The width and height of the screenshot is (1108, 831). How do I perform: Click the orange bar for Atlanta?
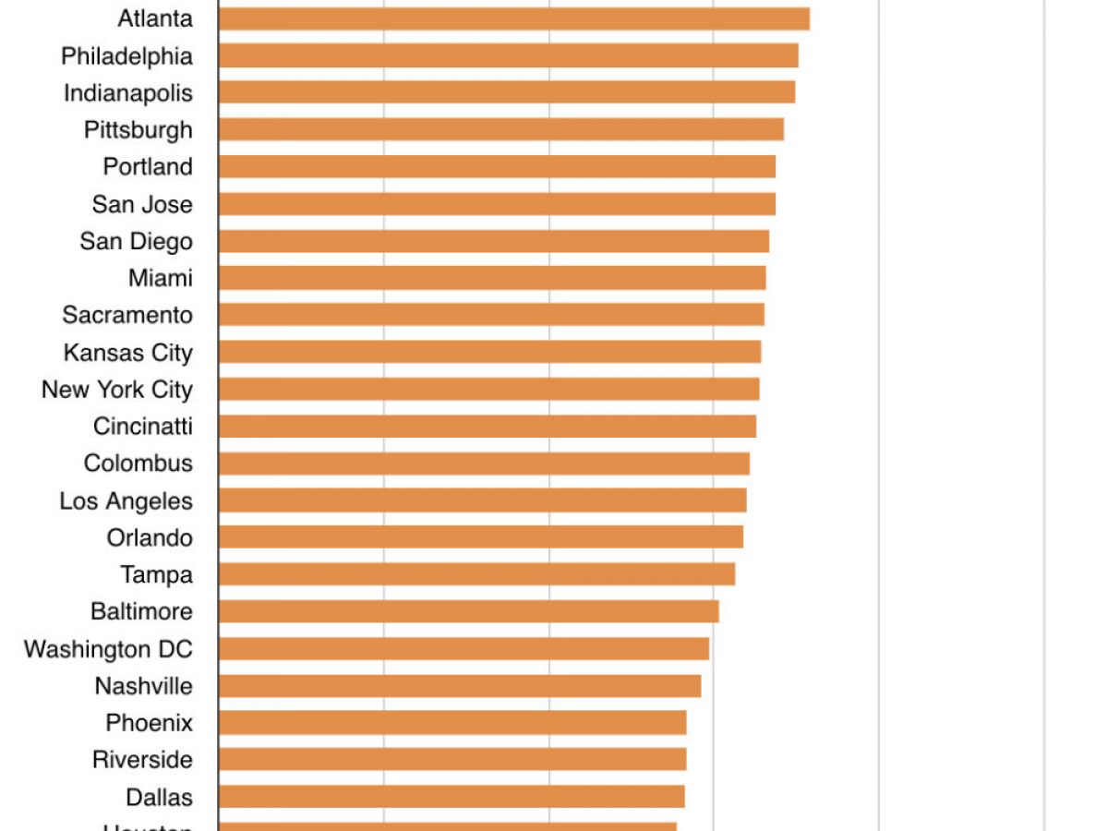click(x=513, y=18)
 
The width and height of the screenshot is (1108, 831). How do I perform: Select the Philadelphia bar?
click(x=508, y=55)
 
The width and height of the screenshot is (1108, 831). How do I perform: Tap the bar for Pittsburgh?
click(x=500, y=129)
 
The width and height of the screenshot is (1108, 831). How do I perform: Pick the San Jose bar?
click(x=497, y=204)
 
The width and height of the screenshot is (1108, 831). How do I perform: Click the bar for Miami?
click(x=492, y=278)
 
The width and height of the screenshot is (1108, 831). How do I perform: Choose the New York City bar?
click(x=488, y=389)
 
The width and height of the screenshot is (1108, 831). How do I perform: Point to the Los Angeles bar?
click(x=482, y=500)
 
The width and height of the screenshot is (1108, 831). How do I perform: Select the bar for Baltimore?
click(x=468, y=611)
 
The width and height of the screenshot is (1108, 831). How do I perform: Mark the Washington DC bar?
click(x=464, y=648)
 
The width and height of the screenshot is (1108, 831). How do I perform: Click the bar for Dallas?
click(x=452, y=796)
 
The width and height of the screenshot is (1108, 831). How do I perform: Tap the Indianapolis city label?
click(x=128, y=93)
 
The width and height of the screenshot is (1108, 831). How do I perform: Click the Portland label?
click(x=148, y=167)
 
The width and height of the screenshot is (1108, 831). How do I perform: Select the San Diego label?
click(x=137, y=241)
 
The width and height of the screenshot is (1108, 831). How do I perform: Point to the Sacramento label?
click(x=127, y=315)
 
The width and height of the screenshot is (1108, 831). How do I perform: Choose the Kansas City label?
click(x=128, y=353)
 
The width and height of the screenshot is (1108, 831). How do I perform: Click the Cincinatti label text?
click(x=143, y=427)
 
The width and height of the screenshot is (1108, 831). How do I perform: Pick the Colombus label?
click(x=138, y=464)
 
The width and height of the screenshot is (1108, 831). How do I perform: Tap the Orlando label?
click(x=150, y=537)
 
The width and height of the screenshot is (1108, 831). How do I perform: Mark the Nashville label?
click(x=143, y=686)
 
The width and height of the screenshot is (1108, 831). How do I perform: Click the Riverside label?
click(x=142, y=760)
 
